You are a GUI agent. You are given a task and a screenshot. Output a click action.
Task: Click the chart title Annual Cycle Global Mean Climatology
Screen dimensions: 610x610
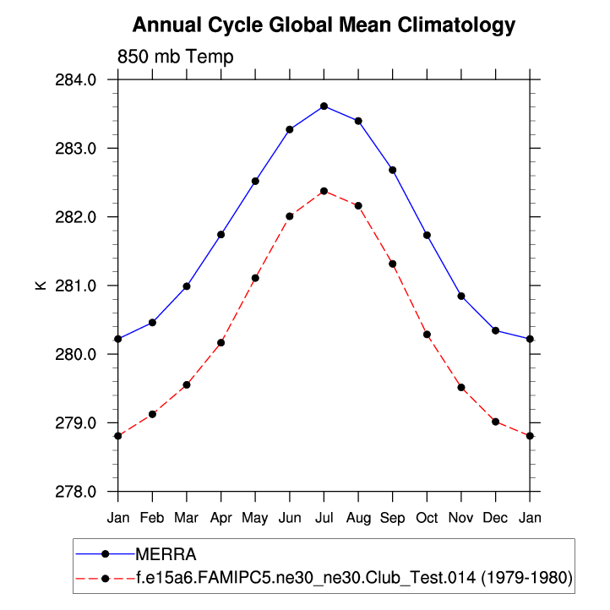(324, 25)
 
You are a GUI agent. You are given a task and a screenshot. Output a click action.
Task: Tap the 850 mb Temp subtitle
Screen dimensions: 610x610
(176, 57)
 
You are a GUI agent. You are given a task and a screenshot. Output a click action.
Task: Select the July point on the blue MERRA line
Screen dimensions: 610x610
(324, 106)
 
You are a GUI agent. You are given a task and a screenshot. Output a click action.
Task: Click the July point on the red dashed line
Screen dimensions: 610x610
(324, 191)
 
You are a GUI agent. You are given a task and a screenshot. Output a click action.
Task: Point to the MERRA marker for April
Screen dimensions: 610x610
(221, 234)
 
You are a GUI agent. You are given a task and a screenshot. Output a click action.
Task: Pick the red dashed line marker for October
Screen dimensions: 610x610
(427, 335)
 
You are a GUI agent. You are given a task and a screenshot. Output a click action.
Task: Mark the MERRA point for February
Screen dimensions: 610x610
(152, 323)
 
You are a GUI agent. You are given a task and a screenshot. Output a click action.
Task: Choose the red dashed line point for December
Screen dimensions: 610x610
(495, 422)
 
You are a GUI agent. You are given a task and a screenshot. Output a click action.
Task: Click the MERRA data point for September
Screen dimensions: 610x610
(392, 170)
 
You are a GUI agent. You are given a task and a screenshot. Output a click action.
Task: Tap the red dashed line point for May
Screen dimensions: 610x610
(255, 278)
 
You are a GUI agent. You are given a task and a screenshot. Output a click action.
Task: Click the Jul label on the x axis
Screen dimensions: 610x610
(324, 515)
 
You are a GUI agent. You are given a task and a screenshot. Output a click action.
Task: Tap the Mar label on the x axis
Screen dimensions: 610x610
(186, 515)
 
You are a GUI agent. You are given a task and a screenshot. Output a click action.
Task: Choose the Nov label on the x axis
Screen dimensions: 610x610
(460, 515)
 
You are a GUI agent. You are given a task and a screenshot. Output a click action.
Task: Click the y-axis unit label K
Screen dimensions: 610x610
(40, 286)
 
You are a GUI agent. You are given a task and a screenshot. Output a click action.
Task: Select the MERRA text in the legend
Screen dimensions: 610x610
(166, 554)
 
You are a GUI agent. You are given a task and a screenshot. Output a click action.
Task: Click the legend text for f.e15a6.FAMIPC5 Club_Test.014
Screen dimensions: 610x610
(354, 578)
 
